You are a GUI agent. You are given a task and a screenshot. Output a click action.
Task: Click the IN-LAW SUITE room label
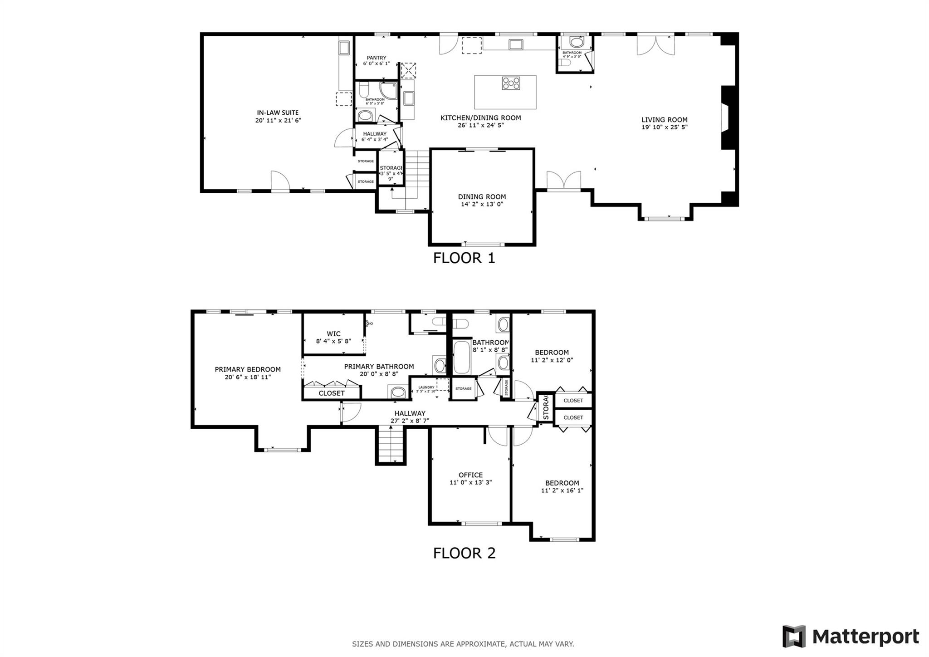(x=278, y=113)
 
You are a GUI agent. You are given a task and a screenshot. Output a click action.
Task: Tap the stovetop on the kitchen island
(x=511, y=83)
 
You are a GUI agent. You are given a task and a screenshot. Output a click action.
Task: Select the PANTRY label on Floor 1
(x=376, y=58)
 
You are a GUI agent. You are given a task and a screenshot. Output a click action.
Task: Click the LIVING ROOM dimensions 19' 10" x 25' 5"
(x=664, y=127)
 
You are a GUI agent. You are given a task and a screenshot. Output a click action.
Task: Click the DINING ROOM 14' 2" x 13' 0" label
(x=482, y=200)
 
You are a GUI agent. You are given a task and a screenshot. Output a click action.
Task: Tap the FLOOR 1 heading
(x=464, y=258)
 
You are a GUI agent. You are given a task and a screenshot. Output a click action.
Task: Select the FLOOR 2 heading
(x=464, y=553)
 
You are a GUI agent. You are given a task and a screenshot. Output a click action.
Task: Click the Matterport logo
(x=851, y=636)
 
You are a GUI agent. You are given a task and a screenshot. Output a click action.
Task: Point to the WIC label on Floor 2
(x=333, y=334)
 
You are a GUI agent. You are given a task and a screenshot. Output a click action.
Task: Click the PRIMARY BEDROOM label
(x=248, y=370)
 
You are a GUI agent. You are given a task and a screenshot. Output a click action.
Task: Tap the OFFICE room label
(x=470, y=475)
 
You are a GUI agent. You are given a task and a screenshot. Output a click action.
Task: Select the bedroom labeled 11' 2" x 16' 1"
(x=562, y=486)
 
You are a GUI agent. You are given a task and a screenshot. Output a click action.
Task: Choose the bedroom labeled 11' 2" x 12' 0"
(x=552, y=356)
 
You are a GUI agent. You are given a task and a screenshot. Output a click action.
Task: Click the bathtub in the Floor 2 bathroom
(x=462, y=358)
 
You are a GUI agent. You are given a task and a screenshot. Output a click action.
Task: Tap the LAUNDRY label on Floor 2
(x=426, y=387)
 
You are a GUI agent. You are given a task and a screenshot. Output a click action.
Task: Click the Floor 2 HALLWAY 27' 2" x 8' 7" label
(x=410, y=417)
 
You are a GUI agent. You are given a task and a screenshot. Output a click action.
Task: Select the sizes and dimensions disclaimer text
(x=463, y=644)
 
